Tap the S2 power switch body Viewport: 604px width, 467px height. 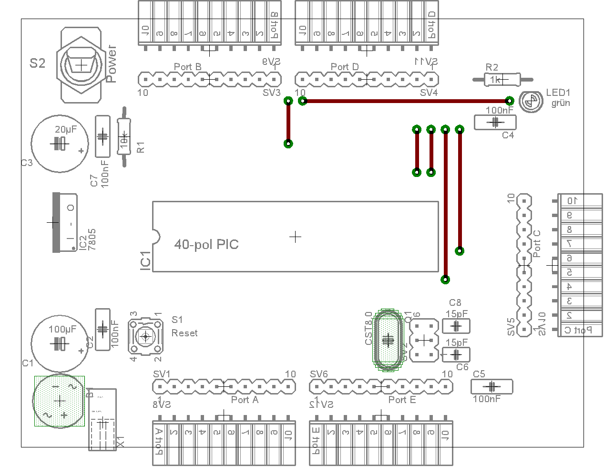pyautogui.click(x=81, y=65)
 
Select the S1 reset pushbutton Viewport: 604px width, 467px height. pyautogui.click(x=145, y=337)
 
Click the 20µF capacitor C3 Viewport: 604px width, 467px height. pyautogui.click(x=60, y=143)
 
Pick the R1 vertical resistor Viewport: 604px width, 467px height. pyautogui.click(x=124, y=137)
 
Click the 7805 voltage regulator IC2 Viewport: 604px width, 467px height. pyautogui.click(x=64, y=222)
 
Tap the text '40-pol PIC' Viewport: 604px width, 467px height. pyautogui.click(x=206, y=245)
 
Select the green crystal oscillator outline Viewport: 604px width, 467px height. pyautogui.click(x=388, y=340)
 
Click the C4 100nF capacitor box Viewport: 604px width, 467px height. pyautogui.click(x=495, y=123)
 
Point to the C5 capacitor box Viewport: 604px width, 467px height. pyautogui.click(x=491, y=386)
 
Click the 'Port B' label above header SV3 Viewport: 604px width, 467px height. pyautogui.click(x=187, y=67)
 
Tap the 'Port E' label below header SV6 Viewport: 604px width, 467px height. pyautogui.click(x=402, y=400)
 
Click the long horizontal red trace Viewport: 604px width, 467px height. pyautogui.click(x=405, y=101)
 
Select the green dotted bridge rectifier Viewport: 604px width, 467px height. pyautogui.click(x=59, y=401)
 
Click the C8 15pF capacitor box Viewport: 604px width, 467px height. pyautogui.click(x=456, y=326)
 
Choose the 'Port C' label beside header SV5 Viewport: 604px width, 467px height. pyautogui.click(x=537, y=244)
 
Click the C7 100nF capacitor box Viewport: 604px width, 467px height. pyautogui.click(x=102, y=136)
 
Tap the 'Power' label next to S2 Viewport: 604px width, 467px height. pyautogui.click(x=111, y=64)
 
